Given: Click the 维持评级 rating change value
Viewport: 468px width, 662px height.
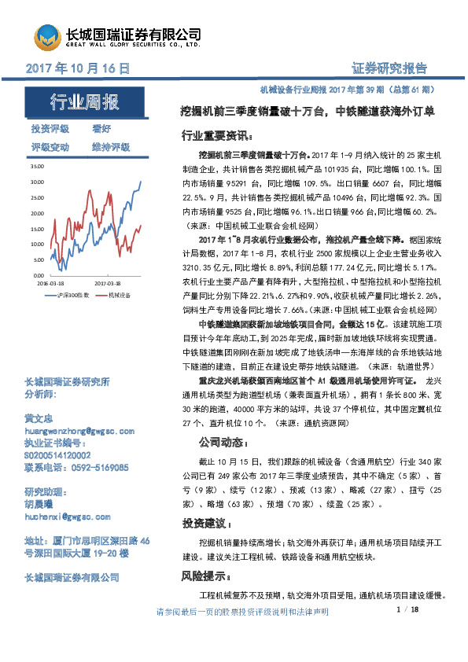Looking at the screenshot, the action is point(110,147).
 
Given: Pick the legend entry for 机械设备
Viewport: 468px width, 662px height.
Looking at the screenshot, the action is point(119,294).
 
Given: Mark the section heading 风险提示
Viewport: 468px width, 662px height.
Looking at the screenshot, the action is point(205,576).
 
